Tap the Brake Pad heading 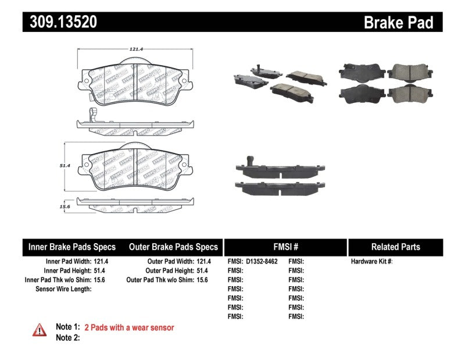pyautogui.click(x=398, y=22)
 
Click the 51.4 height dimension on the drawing pyautogui.click(x=65, y=166)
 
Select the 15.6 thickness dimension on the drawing pyautogui.click(x=65, y=206)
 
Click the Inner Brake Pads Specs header pyautogui.click(x=72, y=247)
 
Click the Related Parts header pyautogui.click(x=395, y=247)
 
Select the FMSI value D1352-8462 pyautogui.click(x=262, y=262)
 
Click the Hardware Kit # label pyautogui.click(x=371, y=262)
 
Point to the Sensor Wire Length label pyautogui.click(x=63, y=289)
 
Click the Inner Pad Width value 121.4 pyautogui.click(x=102, y=262)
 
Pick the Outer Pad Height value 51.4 pyautogui.click(x=203, y=271)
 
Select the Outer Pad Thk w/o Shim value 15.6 pyautogui.click(x=203, y=280)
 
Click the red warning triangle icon pyautogui.click(x=39, y=330)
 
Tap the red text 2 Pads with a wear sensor pyautogui.click(x=129, y=328)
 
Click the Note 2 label pyautogui.click(x=67, y=338)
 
